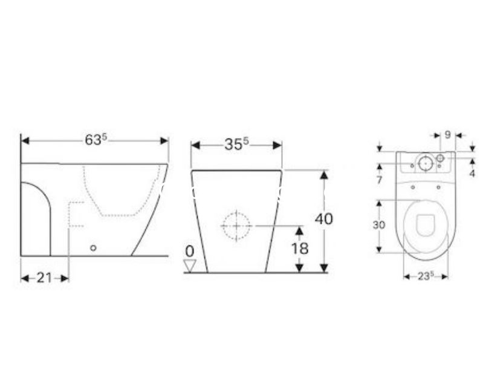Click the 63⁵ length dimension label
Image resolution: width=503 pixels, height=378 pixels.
click(96, 140)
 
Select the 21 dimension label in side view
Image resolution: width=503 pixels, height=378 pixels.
click(44, 278)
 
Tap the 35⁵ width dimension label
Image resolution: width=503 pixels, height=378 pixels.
click(236, 145)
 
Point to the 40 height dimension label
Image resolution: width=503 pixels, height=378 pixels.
click(323, 219)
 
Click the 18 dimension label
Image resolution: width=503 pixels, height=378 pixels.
click(300, 249)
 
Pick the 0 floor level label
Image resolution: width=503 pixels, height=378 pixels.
click(190, 252)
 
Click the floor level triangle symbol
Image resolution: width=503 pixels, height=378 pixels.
click(190, 266)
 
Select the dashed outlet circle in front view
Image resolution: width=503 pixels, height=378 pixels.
click(237, 226)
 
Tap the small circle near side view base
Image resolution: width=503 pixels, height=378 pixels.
click(93, 248)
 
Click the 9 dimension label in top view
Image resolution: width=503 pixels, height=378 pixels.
click(448, 135)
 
